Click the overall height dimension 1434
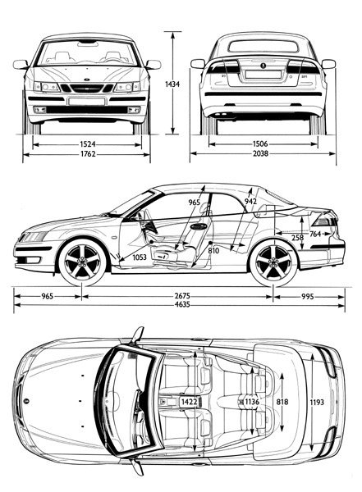(x=172, y=84)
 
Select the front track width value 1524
(x=88, y=144)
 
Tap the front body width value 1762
(x=88, y=154)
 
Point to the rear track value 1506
(x=260, y=144)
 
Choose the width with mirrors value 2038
(x=260, y=153)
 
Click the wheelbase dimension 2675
(x=182, y=296)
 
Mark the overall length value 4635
(x=182, y=305)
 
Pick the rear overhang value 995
(x=307, y=297)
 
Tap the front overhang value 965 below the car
(x=47, y=296)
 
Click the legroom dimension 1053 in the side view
(x=140, y=257)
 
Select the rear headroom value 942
(x=250, y=201)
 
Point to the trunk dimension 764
(x=315, y=234)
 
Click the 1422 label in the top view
(x=189, y=402)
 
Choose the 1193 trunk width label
(x=317, y=402)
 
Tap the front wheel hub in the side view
(x=82, y=262)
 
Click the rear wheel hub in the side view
(x=273, y=262)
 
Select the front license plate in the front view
(x=86, y=102)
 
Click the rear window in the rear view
(x=263, y=46)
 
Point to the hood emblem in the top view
(x=26, y=401)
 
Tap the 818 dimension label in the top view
(x=282, y=402)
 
